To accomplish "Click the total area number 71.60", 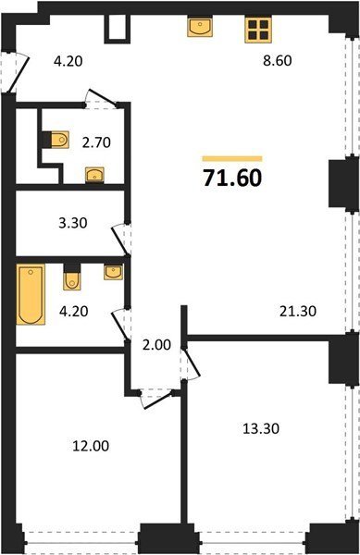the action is point(232,178).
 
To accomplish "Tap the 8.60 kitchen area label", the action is point(277,60).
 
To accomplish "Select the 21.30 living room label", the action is point(298,312).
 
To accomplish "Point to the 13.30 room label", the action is point(261,428).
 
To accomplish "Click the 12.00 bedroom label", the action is point(91,446).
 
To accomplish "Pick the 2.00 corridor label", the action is point(156,345).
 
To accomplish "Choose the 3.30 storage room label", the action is point(73,223).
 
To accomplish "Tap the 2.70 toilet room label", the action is point(96,142).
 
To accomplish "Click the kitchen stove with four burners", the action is point(258,30).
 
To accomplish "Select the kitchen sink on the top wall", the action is point(200,27).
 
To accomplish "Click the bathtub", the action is point(31,294).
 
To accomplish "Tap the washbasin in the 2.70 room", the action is point(95,174).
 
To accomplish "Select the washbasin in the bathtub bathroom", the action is point(113,272).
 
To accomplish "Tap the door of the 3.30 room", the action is point(121,240).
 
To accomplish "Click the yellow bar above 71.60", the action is point(232,158).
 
